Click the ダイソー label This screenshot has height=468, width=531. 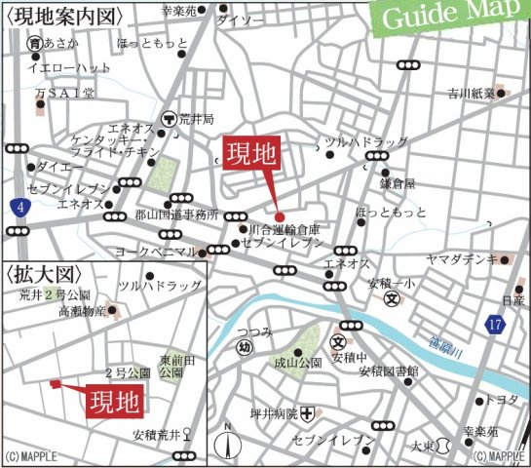click(x=240, y=20)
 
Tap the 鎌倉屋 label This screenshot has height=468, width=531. click(x=398, y=182)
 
